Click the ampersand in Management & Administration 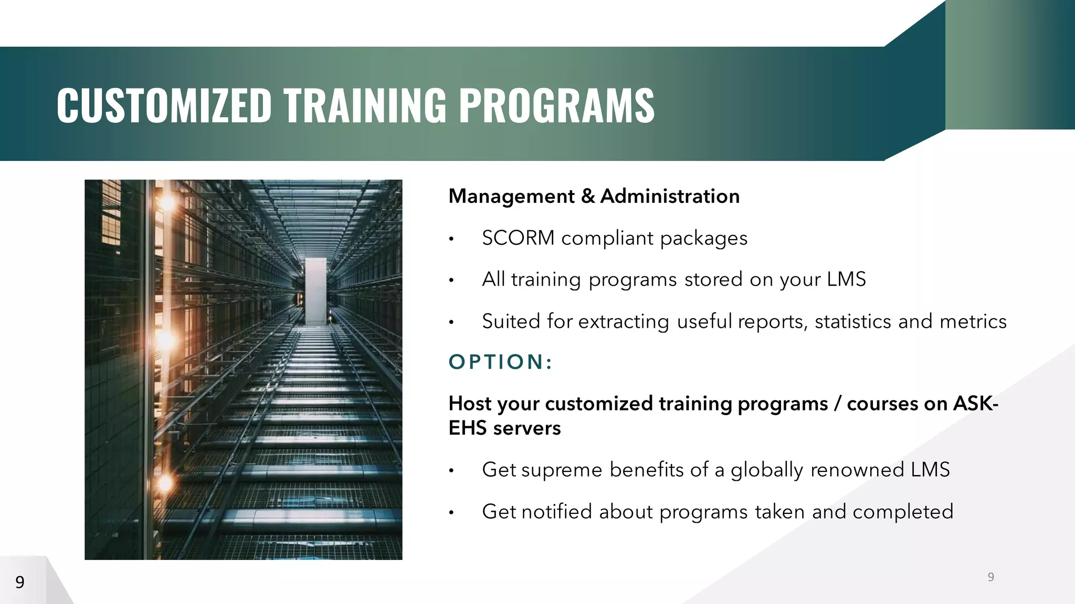(588, 197)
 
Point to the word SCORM (518, 238)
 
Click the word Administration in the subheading (670, 197)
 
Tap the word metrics (973, 321)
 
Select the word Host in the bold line (470, 404)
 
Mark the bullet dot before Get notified (451, 513)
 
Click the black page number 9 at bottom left (20, 582)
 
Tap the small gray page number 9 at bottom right (991, 577)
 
